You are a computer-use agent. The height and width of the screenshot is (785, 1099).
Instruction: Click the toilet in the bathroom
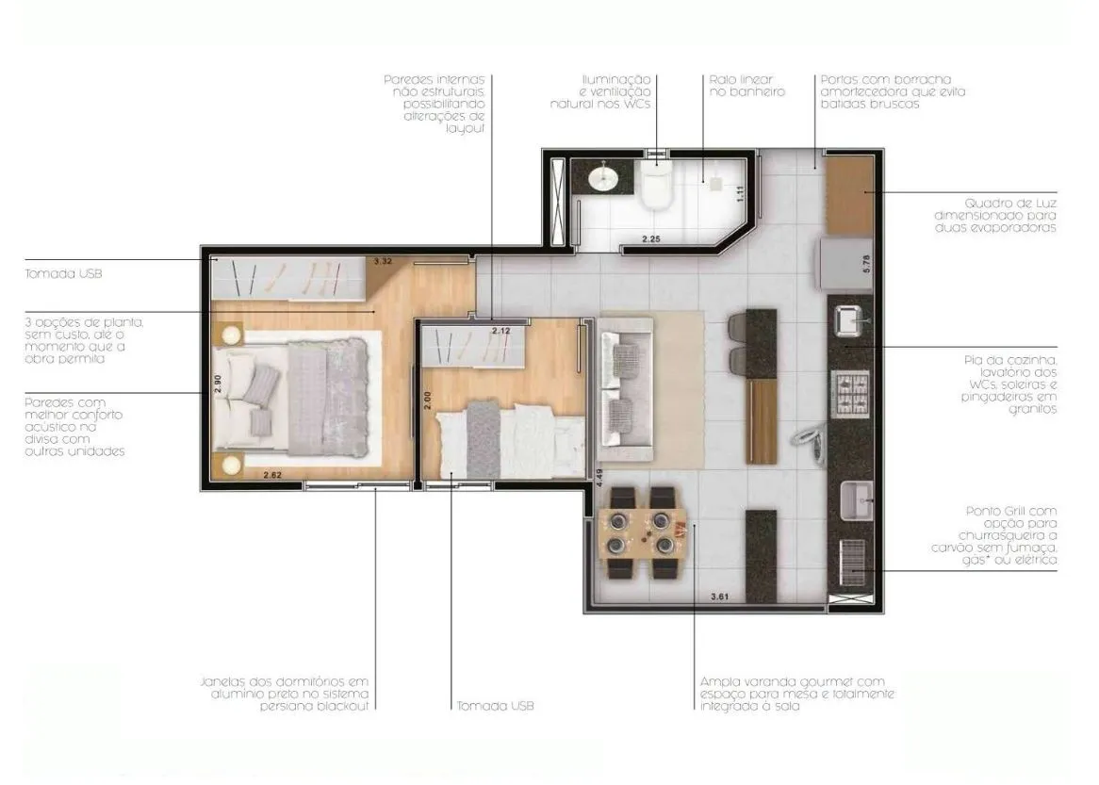(x=657, y=185)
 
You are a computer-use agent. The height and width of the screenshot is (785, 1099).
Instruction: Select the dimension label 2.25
(x=651, y=239)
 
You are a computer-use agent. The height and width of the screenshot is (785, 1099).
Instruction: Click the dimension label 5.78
(x=867, y=263)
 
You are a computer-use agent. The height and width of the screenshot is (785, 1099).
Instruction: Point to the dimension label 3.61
(x=720, y=597)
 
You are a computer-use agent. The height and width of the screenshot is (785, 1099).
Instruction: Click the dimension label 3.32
(x=383, y=261)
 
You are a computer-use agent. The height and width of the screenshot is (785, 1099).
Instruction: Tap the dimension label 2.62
(x=272, y=475)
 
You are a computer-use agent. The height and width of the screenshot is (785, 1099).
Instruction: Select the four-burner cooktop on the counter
(x=850, y=392)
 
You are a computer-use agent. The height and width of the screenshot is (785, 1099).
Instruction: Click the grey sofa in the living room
(x=625, y=389)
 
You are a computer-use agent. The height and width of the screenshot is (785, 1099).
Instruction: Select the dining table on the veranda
(x=644, y=532)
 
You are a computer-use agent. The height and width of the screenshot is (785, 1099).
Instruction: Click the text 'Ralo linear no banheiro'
(x=746, y=86)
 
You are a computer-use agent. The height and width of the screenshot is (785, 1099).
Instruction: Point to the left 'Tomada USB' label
(x=63, y=273)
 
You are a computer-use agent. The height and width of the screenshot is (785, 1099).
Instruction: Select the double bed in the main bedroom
(x=291, y=397)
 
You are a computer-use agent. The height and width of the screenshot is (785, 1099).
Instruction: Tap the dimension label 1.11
(x=740, y=193)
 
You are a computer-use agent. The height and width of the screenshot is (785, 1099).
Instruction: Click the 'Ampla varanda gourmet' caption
(x=797, y=694)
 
